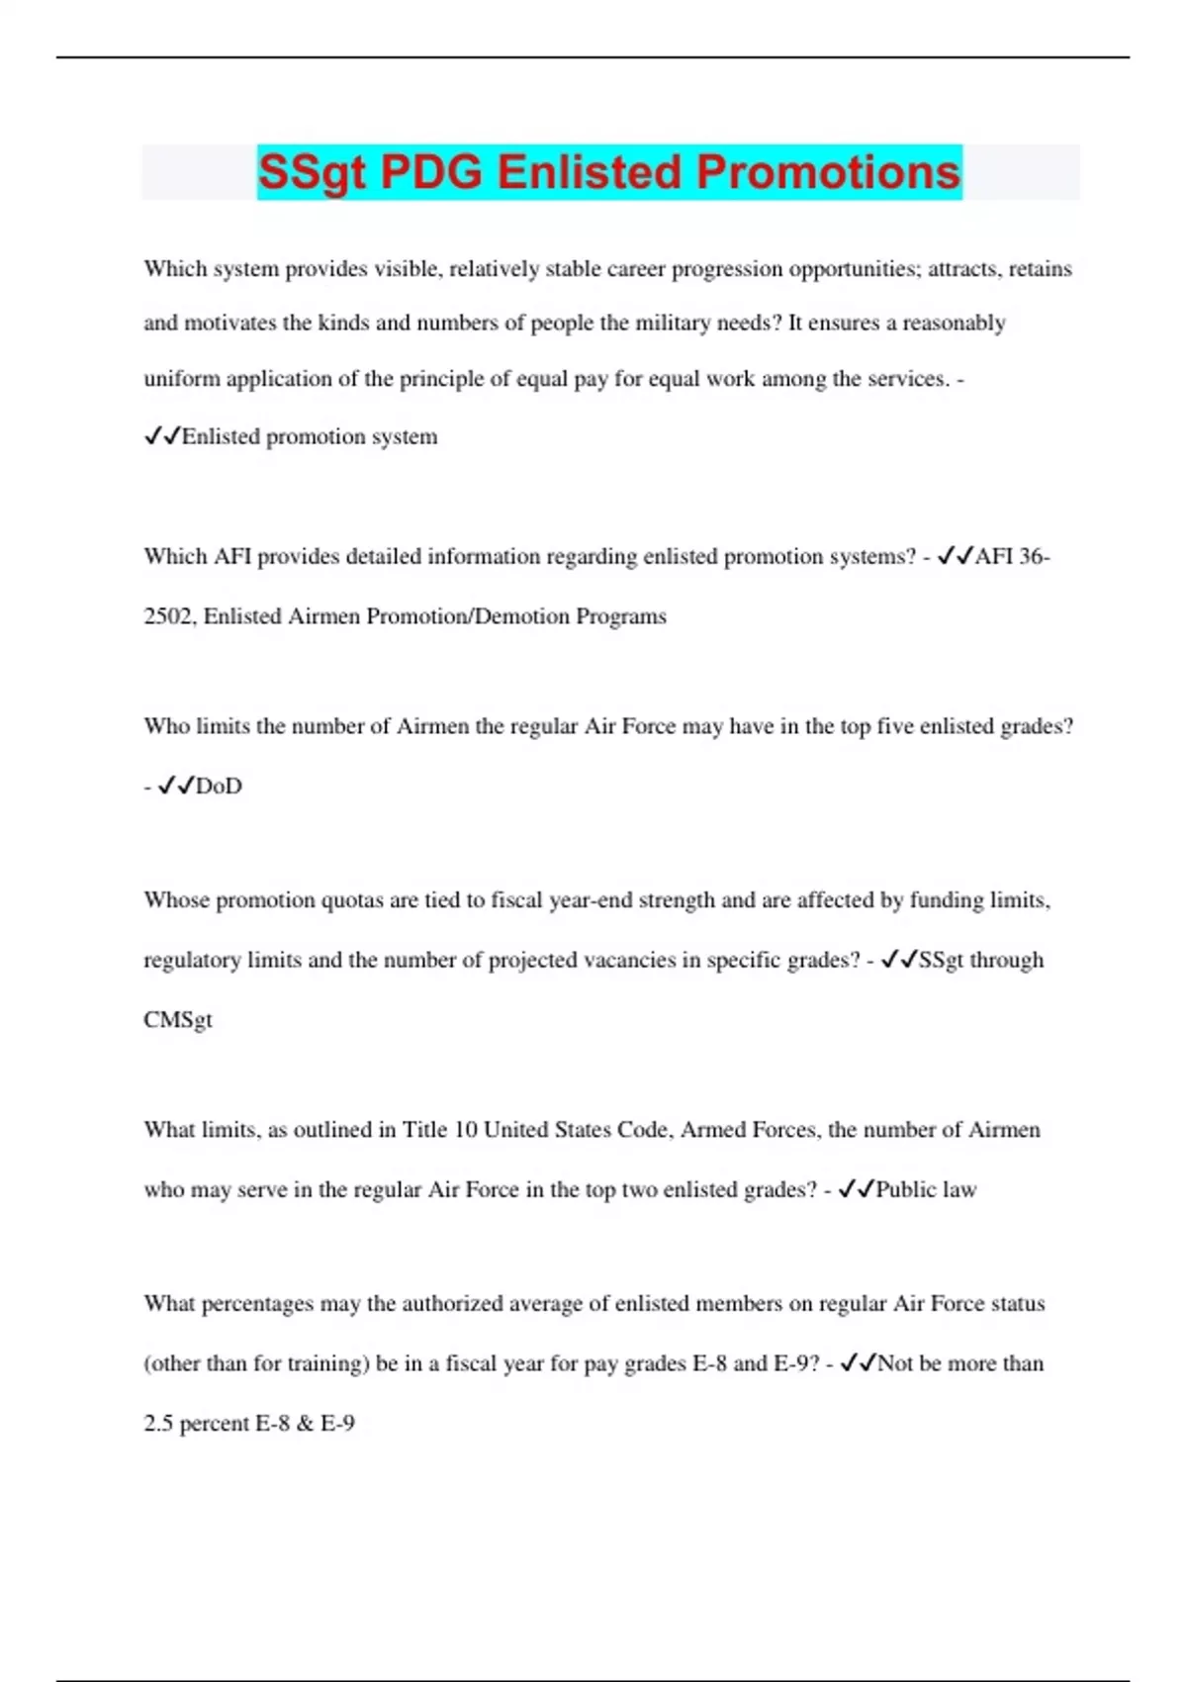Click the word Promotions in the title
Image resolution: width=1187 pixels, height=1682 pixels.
828,172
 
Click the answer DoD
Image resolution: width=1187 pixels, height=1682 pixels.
219,787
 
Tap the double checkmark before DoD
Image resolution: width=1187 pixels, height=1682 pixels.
176,786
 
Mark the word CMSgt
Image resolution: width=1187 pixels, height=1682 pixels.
178,1020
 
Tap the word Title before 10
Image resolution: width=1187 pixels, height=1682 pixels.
424,1130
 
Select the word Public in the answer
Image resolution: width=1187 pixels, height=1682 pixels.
906,1189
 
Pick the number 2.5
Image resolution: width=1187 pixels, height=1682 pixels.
158,1424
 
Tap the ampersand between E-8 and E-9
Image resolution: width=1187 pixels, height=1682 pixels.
305,1424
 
